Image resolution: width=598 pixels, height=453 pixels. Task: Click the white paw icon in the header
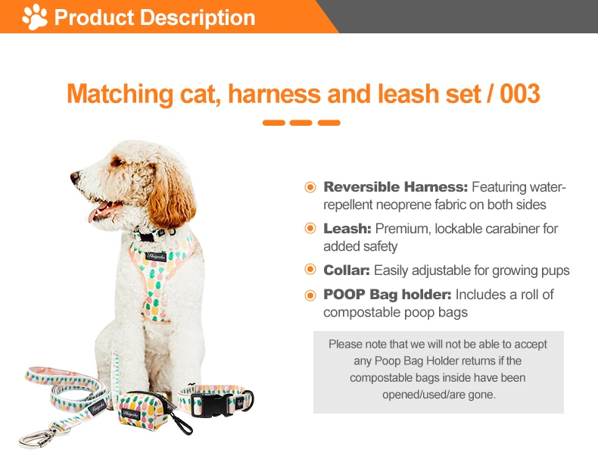pyautogui.click(x=35, y=17)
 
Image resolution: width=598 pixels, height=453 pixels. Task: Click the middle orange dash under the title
pyautogui.click(x=301, y=123)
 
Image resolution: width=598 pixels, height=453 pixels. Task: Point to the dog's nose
pyautogui.click(x=75, y=177)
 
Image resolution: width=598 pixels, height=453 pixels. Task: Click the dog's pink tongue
pyautogui.click(x=97, y=215)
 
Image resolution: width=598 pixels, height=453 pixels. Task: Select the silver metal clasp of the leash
pyautogui.click(x=38, y=436)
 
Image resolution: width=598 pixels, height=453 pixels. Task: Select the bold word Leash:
pyautogui.click(x=347, y=229)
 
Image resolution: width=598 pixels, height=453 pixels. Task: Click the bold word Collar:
pyautogui.click(x=347, y=270)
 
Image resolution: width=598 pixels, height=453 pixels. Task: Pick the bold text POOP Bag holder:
pyautogui.click(x=387, y=295)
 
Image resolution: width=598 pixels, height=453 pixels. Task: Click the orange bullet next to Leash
pyautogui.click(x=310, y=229)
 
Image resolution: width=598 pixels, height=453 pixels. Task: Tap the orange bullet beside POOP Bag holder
pyautogui.click(x=310, y=295)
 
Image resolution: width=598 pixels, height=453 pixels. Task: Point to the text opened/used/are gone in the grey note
pyautogui.click(x=438, y=394)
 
